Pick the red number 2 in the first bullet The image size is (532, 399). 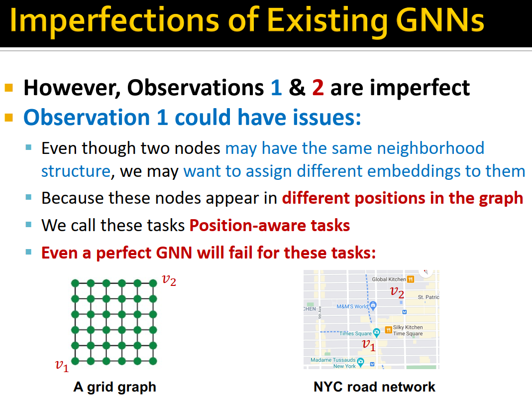tap(318, 88)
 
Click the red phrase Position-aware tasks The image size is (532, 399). tap(270, 225)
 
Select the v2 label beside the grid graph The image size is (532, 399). tap(169, 280)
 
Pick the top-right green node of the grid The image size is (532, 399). tap(153, 283)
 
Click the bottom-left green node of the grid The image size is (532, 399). tap(75, 361)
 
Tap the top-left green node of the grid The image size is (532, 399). tap(75, 283)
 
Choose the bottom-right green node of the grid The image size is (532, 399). tap(153, 361)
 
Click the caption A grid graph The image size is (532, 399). tap(115, 387)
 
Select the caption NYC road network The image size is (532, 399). tap(374, 387)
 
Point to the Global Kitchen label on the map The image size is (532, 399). tap(389, 279)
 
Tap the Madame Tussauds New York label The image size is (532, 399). tap(333, 363)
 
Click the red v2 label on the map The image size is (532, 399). tap(397, 292)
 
